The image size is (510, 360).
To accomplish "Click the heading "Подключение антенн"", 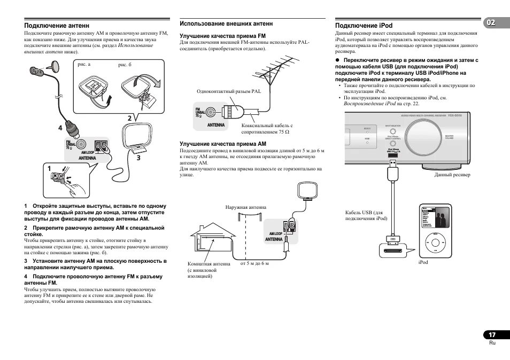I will (57, 25).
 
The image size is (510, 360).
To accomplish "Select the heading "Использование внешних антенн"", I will (226, 24).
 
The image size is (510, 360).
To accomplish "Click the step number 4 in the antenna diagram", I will (60, 128).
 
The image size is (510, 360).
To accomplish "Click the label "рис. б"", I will (125, 65).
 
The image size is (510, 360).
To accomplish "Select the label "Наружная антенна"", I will (245, 207).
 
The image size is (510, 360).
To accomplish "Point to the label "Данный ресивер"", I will (452, 175).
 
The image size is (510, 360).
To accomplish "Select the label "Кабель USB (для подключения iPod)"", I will (366, 215).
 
